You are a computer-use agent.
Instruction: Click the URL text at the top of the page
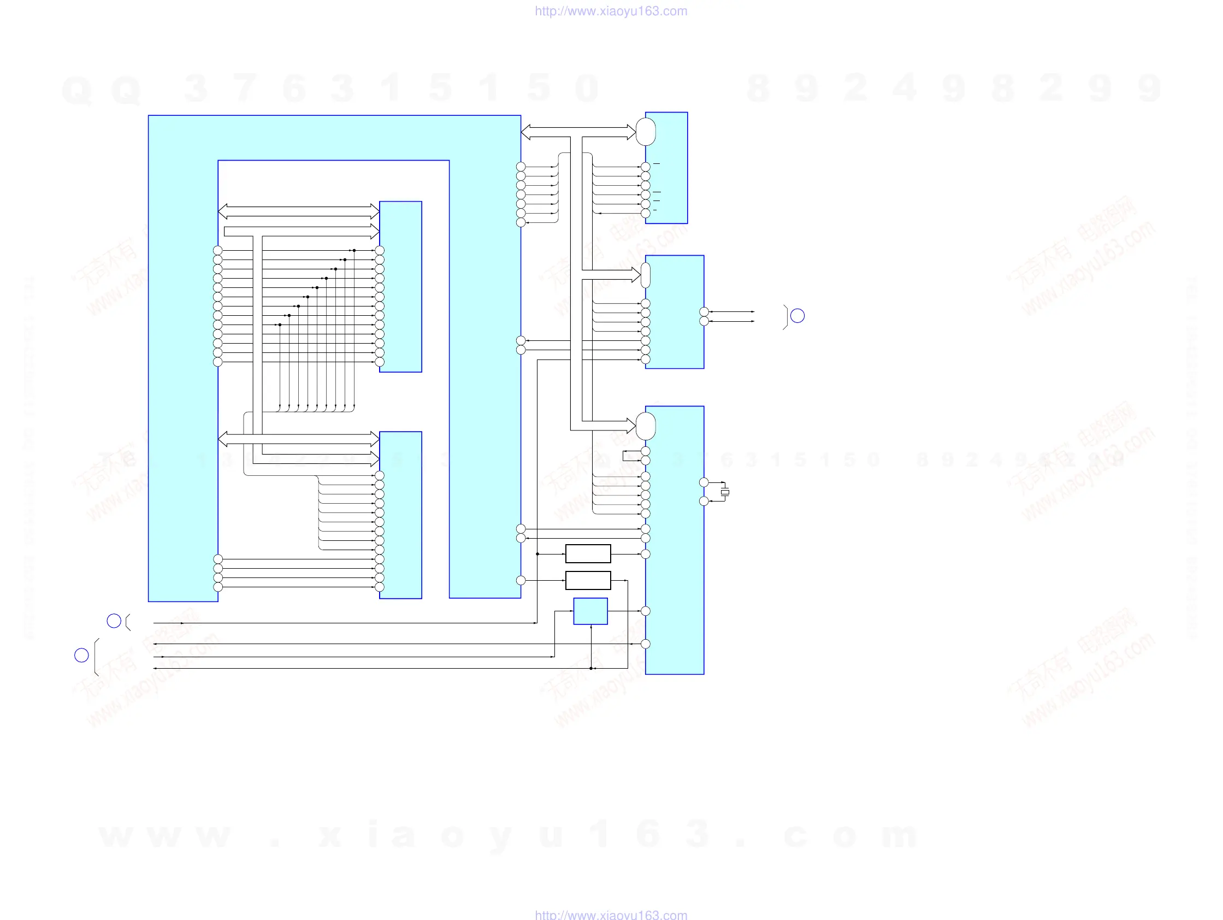[x=611, y=11]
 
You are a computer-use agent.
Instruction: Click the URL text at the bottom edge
[x=611, y=915]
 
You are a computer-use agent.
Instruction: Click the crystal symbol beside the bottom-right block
[x=725, y=492]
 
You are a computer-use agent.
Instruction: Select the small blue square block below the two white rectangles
[x=590, y=611]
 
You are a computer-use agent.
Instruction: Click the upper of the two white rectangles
[x=588, y=553]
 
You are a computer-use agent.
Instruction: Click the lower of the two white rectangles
[x=588, y=580]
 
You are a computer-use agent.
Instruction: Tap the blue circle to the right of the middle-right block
[x=797, y=316]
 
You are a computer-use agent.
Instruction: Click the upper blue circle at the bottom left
[x=114, y=621]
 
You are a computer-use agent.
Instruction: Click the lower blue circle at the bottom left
[x=81, y=655]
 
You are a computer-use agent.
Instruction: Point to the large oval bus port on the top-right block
[x=646, y=132]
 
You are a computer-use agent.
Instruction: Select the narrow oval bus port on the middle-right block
[x=645, y=275]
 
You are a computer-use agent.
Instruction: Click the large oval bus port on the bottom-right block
[x=646, y=426]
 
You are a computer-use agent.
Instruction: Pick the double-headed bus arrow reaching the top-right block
[x=578, y=132]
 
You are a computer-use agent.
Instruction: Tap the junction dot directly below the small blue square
[x=591, y=669]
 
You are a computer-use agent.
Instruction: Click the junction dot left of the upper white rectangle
[x=537, y=553]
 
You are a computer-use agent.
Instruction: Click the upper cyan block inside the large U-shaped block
[x=401, y=286]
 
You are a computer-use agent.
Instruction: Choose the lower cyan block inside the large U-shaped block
[x=401, y=515]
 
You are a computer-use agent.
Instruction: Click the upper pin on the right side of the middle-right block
[x=704, y=312]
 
